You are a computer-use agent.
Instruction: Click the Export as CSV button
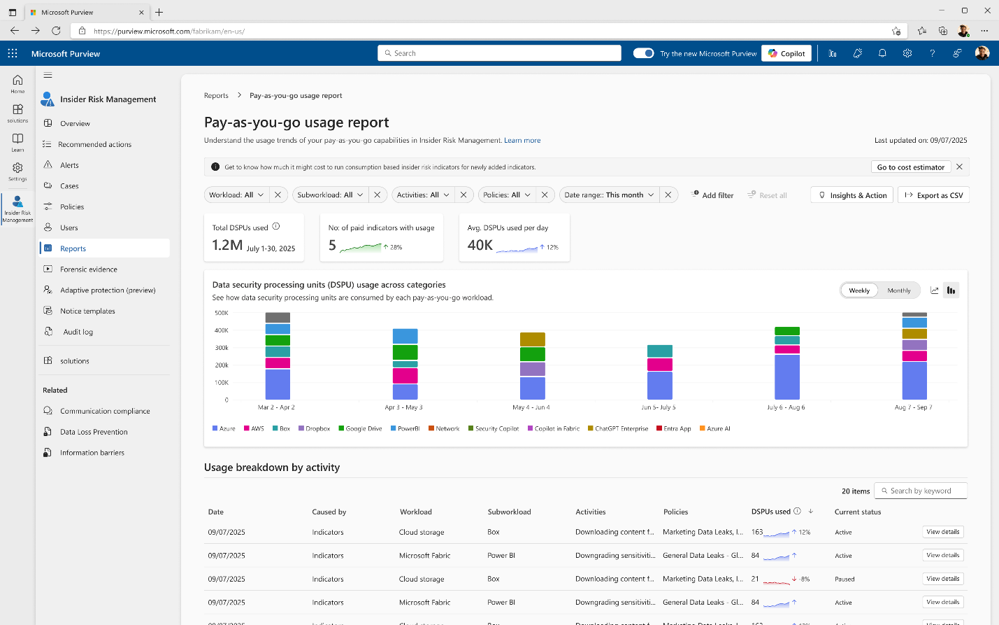(933, 195)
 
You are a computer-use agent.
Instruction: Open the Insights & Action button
(852, 195)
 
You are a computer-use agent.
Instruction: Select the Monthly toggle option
(898, 290)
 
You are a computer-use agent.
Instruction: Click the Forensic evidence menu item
(88, 269)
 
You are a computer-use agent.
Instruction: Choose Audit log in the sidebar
(78, 332)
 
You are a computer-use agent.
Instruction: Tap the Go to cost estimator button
(910, 167)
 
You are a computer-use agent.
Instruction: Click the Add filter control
(712, 195)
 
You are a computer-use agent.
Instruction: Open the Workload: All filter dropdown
(236, 195)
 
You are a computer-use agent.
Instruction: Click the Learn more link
(522, 141)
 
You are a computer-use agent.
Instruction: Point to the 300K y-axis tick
(222, 348)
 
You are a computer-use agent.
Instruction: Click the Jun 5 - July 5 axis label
(659, 407)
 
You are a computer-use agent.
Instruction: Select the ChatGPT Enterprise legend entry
(621, 428)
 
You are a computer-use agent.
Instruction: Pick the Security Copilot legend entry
(496, 428)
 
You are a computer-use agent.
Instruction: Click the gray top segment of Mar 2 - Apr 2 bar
(278, 318)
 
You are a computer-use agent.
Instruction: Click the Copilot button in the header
(786, 53)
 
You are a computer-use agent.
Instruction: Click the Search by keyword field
(923, 491)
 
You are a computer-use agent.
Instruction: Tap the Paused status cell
(845, 580)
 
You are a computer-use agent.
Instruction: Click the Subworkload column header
(509, 512)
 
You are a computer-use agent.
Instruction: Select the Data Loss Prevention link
(94, 432)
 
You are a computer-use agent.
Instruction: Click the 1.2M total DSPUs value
(227, 245)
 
